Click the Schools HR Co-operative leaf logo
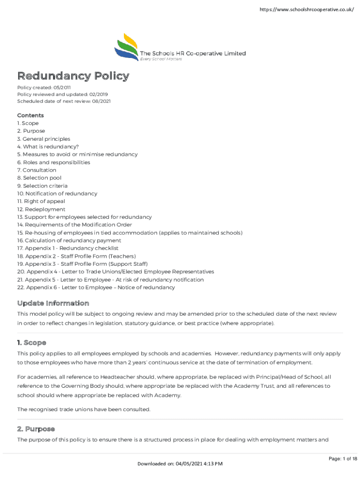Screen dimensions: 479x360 coord(126,47)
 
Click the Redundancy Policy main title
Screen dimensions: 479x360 coord(73,76)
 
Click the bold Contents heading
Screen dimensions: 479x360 coord(30,115)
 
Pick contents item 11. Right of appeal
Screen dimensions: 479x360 coord(41,202)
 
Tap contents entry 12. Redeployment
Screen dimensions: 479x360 coord(41,209)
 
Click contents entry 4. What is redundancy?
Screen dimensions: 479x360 coord(48,146)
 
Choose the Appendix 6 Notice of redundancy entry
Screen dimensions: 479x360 coord(96,288)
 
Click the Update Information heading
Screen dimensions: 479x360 coord(53,303)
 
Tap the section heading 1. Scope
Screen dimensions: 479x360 coord(32,342)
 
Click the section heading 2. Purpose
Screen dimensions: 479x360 coord(36,428)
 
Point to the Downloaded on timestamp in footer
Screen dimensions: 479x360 coord(180,464)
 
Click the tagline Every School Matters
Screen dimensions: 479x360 coord(161,59)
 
